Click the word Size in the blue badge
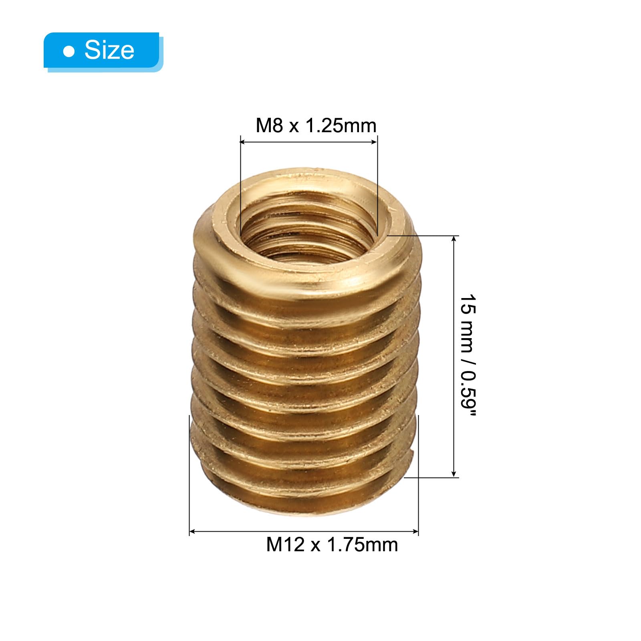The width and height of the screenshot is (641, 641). click(x=109, y=50)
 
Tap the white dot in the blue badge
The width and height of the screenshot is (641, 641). click(x=69, y=51)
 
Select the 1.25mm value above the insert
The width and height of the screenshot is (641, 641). click(x=341, y=126)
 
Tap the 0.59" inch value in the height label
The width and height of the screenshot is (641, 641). click(x=467, y=394)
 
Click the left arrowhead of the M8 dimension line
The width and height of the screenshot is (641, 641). click(x=243, y=141)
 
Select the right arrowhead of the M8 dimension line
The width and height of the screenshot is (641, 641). click(x=374, y=141)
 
